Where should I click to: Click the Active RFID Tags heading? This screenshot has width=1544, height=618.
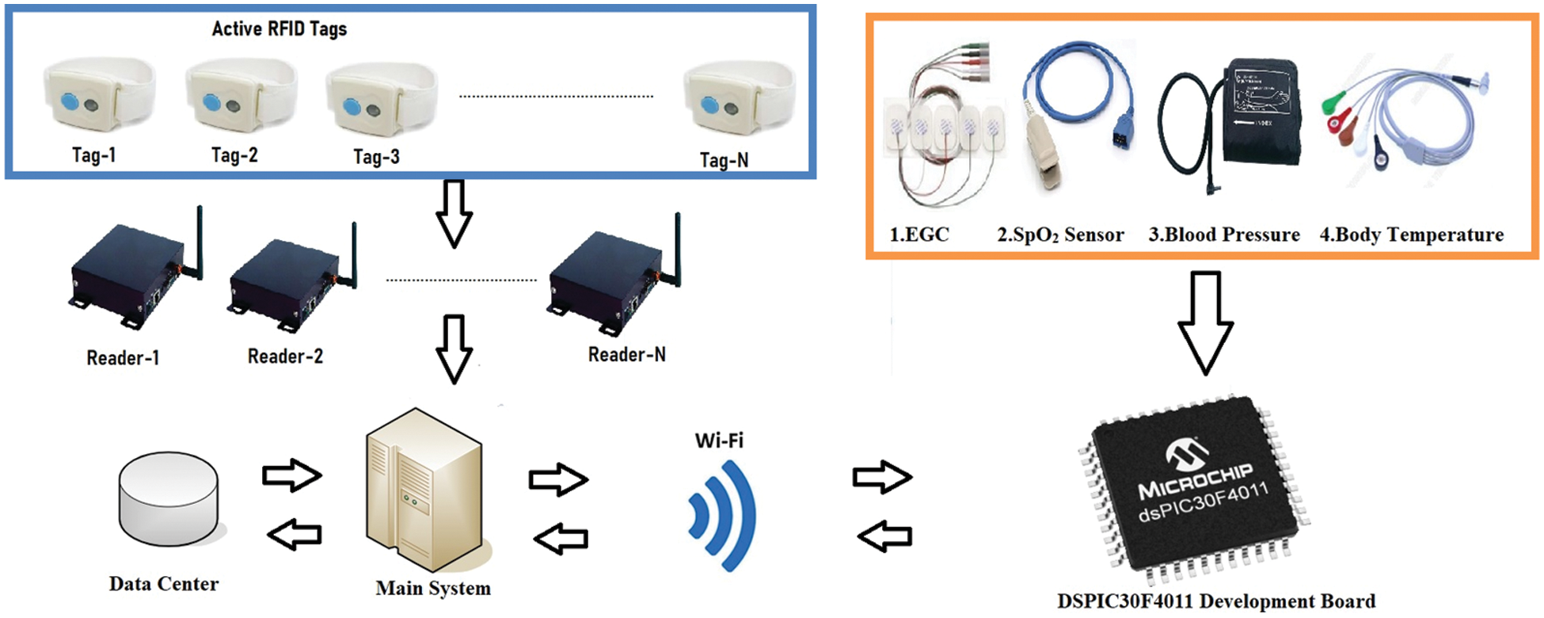(x=279, y=29)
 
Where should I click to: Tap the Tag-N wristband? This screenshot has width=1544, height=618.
(x=739, y=100)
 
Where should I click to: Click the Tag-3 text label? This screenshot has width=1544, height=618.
(x=376, y=157)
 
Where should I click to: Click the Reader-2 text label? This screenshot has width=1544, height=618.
(x=285, y=357)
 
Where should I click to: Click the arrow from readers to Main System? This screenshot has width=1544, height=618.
(x=454, y=349)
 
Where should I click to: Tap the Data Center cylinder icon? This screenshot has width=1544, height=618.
(x=169, y=499)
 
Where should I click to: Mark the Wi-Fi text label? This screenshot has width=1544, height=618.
(x=719, y=441)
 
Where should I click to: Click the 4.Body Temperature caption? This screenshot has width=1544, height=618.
(x=1411, y=235)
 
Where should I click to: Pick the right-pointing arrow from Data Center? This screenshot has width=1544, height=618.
(x=292, y=475)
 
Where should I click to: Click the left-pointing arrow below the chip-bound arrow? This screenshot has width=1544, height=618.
(x=885, y=536)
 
